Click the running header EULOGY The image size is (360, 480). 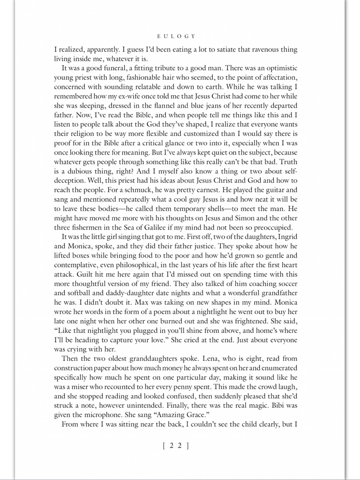point(176,36)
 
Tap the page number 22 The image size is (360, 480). point(176,446)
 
